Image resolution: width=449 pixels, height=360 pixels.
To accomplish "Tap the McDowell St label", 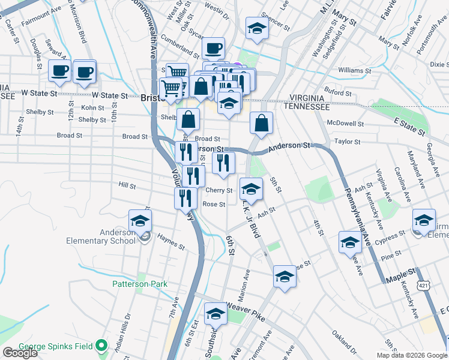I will point(346,124).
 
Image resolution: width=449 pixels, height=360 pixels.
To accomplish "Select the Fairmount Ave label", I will point(41,10).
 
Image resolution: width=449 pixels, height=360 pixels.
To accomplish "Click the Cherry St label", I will point(219,190).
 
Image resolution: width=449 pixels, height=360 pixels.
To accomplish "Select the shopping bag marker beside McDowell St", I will point(261,124).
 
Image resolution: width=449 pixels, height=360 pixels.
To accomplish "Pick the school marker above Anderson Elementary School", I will point(140,221).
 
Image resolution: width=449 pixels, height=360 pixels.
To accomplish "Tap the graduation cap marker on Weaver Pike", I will point(216,314).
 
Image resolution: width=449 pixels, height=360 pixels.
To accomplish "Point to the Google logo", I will point(20,353).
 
